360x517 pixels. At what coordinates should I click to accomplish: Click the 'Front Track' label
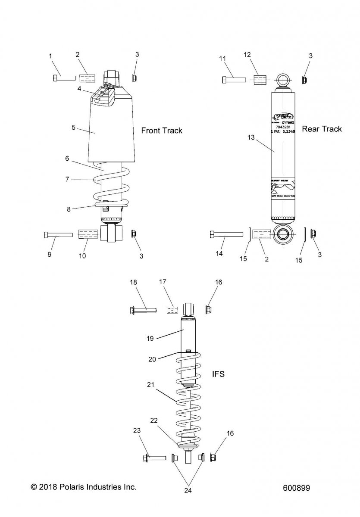pos(162,131)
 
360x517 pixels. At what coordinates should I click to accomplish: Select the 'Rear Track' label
pos(322,129)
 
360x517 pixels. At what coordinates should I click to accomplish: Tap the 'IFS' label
pos(218,374)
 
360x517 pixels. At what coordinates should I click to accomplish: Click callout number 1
pos(50,56)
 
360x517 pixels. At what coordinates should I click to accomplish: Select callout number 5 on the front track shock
pos(73,128)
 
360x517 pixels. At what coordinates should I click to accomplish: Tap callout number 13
pos(251,137)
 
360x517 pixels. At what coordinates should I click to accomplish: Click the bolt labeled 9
pos(58,234)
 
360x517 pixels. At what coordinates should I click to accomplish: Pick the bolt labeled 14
pos(226,234)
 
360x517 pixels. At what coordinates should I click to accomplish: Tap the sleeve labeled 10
pos(88,234)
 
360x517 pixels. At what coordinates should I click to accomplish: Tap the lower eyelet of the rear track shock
pos(283,234)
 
